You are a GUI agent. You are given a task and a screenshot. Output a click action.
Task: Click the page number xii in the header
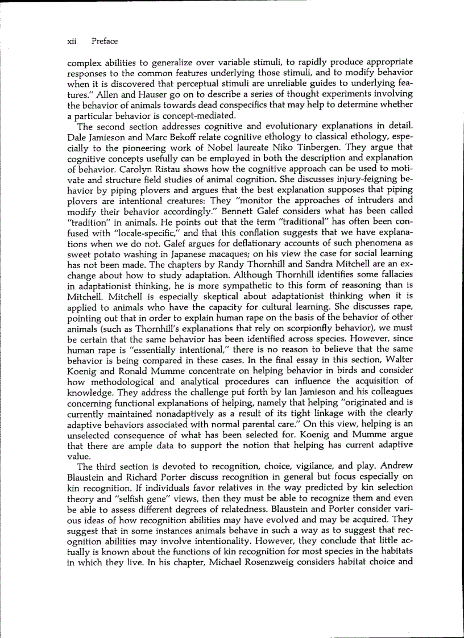[x=71, y=41]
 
